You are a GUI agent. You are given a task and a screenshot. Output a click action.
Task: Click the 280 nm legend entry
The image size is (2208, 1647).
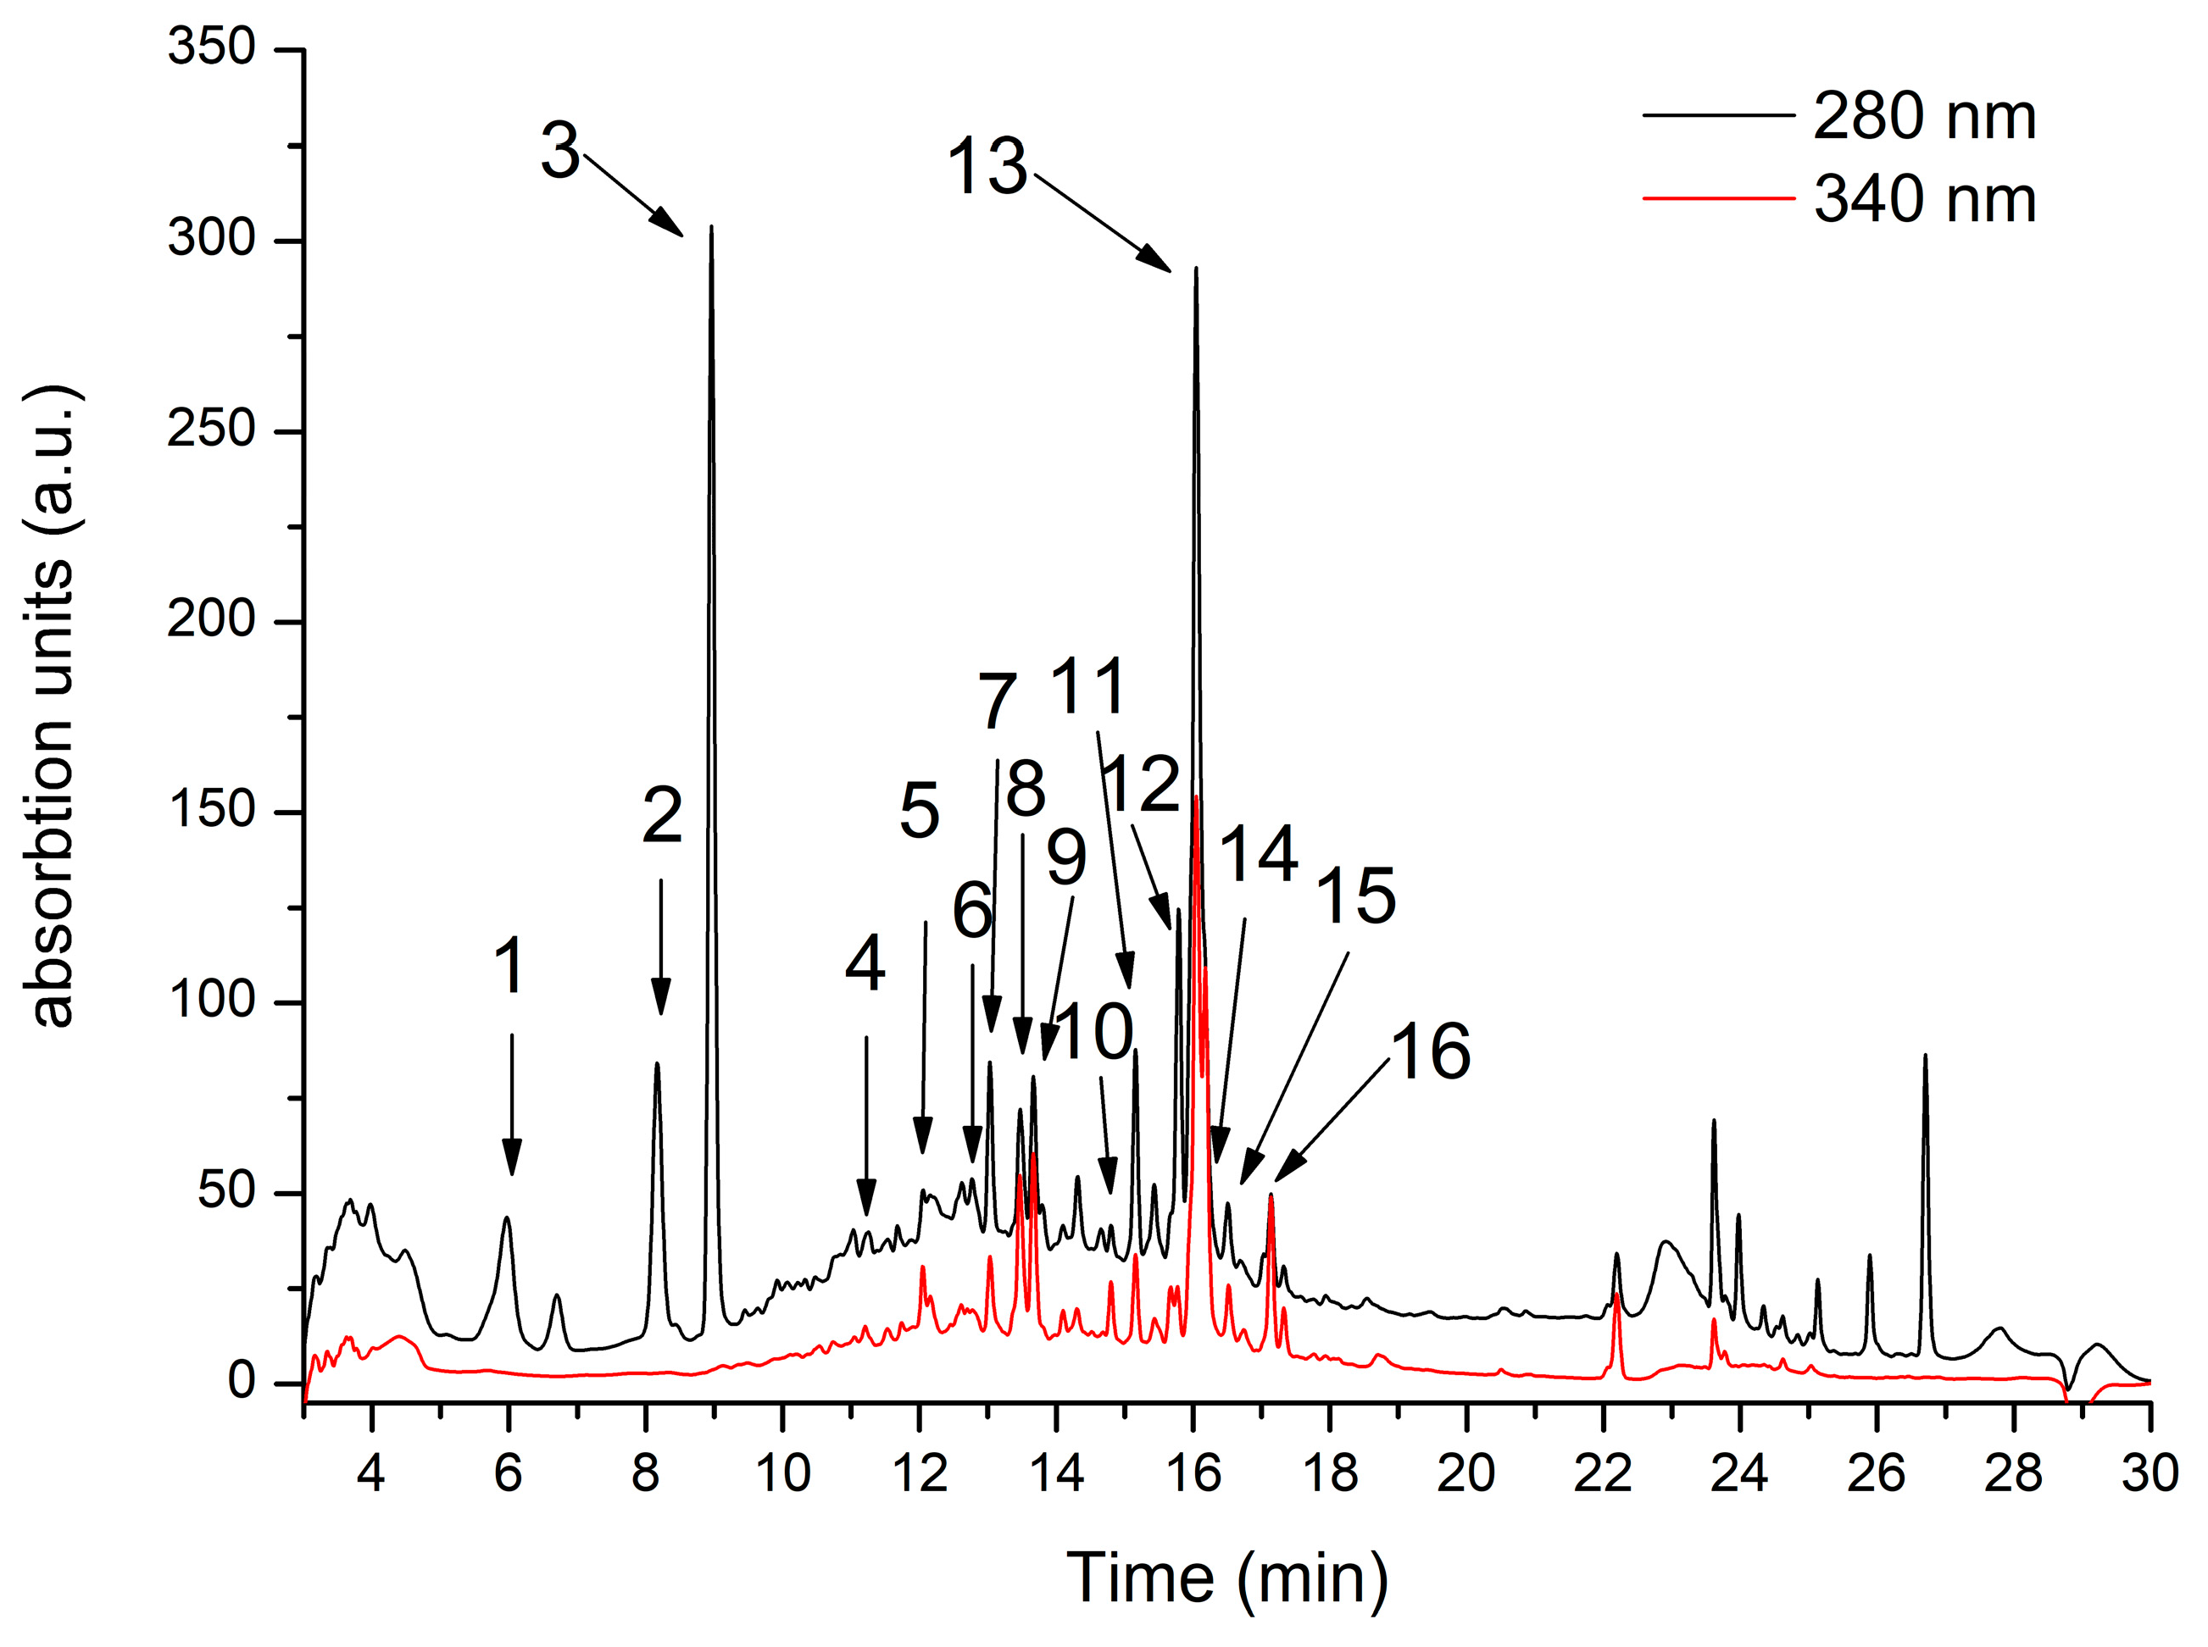click(x=1922, y=118)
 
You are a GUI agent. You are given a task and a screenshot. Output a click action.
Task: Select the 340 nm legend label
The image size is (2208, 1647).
click(x=1922, y=199)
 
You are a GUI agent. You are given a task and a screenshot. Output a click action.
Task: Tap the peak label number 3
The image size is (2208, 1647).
click(x=559, y=152)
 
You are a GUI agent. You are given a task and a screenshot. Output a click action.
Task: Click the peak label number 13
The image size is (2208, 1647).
click(x=987, y=167)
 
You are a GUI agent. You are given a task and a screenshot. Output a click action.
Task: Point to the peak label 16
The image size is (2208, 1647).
click(x=1429, y=1051)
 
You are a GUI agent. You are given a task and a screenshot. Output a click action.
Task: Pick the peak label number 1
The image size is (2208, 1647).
click(x=509, y=966)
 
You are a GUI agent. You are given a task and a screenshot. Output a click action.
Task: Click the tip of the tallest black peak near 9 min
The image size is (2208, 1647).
click(x=711, y=227)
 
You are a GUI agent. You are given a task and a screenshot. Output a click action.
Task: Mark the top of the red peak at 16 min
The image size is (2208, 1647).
click(x=1195, y=797)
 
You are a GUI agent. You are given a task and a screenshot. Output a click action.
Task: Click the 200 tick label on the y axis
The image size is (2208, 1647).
click(x=211, y=619)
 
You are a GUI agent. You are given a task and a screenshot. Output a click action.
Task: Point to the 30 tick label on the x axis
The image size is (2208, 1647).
click(x=2150, y=1473)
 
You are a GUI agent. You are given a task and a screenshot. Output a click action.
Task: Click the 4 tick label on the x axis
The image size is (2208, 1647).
click(x=371, y=1473)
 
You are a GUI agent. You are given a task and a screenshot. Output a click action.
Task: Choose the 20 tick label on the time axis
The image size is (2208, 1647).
click(x=1465, y=1473)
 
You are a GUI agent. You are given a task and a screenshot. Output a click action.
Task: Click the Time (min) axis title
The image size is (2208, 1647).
click(x=1226, y=1578)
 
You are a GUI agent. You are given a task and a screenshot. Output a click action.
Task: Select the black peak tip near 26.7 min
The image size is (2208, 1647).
click(x=1925, y=1055)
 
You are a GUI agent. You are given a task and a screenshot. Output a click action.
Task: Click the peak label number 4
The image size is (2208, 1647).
click(x=865, y=964)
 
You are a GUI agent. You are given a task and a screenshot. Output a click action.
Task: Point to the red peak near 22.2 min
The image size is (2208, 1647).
click(x=1616, y=1296)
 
